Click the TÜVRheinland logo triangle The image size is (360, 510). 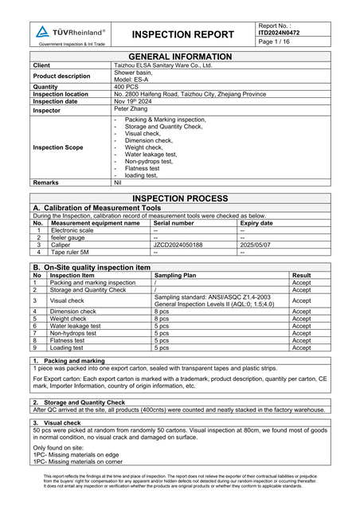[42, 32]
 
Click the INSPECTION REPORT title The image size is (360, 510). [183, 34]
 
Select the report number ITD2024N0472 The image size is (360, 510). [280, 33]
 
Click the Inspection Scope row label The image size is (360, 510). [58, 147]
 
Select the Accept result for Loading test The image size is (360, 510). [301, 347]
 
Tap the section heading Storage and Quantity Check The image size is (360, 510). [84, 402]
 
